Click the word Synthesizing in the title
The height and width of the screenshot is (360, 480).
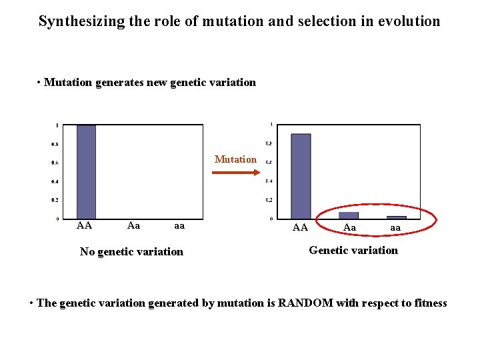[81, 21]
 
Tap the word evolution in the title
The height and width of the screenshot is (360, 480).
[407, 21]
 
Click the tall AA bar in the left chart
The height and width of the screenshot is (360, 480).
[86, 172]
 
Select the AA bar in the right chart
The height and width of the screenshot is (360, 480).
[301, 176]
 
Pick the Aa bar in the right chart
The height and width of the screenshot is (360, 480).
[349, 215]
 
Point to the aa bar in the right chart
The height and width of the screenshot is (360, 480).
[396, 217]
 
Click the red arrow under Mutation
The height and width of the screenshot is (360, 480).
[235, 173]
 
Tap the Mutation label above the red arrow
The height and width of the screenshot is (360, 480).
[235, 159]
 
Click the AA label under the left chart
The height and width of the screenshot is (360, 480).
[84, 225]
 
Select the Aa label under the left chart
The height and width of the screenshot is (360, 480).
[133, 225]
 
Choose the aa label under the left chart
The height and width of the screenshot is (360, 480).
[179, 226]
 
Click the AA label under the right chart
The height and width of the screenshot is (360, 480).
[300, 227]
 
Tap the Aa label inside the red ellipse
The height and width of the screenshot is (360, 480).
[349, 227]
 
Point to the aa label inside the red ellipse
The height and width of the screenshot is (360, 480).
[395, 228]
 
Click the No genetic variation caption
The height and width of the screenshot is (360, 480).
[131, 251]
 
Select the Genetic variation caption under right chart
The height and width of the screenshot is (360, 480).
[353, 250]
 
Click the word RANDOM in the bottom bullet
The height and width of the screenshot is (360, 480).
[305, 303]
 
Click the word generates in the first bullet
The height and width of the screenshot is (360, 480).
[118, 83]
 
